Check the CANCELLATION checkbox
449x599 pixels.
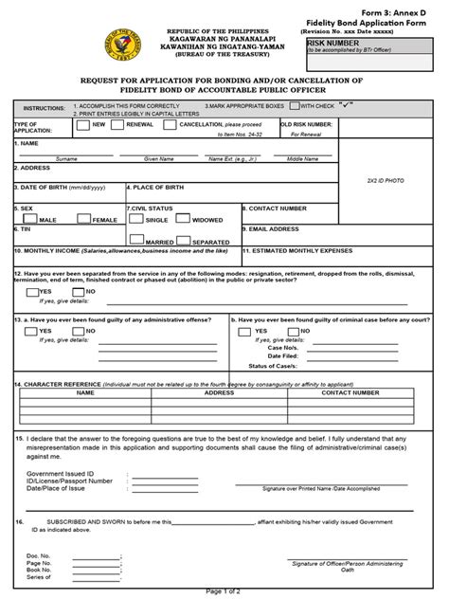tap(170, 125)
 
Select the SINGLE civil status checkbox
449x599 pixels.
tap(136, 217)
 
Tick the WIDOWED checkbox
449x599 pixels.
tap(184, 217)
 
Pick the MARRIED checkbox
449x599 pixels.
tap(136, 240)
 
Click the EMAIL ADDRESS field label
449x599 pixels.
tap(277, 229)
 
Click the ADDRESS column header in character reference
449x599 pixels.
tap(219, 391)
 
